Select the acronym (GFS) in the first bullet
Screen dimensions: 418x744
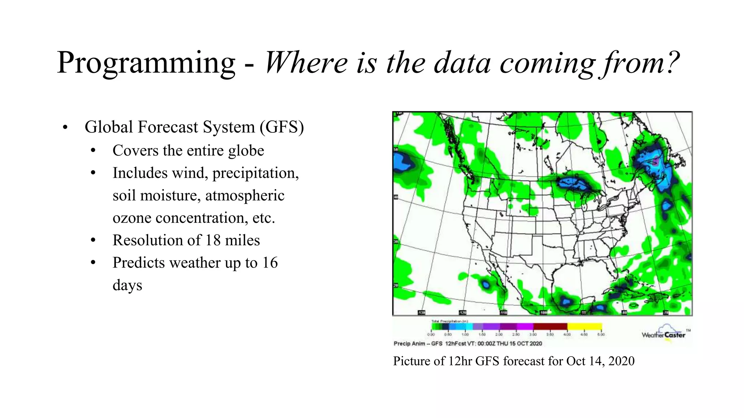coord(282,127)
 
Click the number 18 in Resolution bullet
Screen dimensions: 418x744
coord(213,241)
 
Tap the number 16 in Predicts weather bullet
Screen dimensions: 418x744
coord(270,263)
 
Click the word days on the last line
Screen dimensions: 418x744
coord(127,285)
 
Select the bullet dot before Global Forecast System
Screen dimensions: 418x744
coord(65,128)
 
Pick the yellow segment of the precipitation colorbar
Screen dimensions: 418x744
coord(584,327)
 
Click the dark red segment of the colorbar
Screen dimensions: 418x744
coord(550,327)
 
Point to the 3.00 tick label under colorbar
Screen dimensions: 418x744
coord(533,335)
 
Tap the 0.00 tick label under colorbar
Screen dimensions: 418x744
coord(431,335)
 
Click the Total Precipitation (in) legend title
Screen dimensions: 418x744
coord(450,321)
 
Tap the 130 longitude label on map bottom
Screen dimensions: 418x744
coord(421,312)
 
